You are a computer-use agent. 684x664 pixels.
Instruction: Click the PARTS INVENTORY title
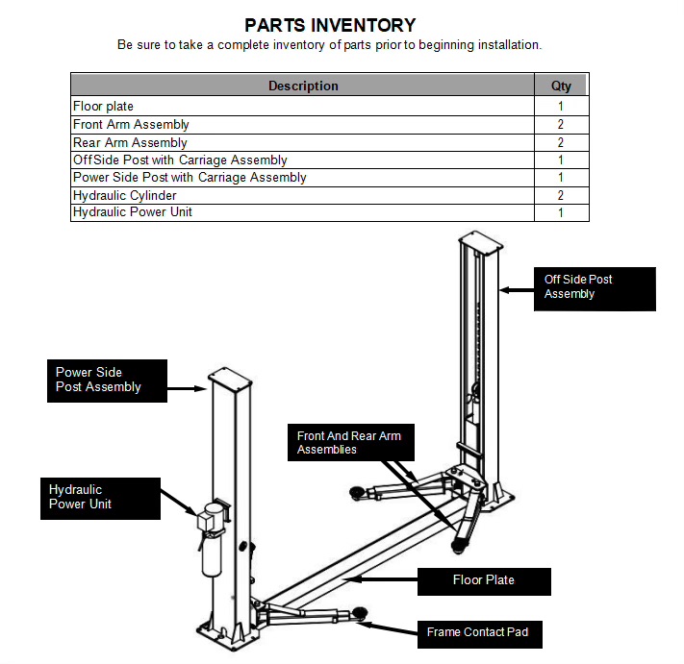pos(329,25)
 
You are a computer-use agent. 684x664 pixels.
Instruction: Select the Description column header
pos(303,86)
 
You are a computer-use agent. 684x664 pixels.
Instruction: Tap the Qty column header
pos(561,86)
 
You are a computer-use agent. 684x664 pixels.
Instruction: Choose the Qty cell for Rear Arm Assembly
pos(561,142)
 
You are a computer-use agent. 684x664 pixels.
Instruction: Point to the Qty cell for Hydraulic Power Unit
pos(561,212)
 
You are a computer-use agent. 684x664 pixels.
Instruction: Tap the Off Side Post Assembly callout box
pos(595,288)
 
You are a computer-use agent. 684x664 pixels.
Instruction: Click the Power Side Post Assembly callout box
pos(106,381)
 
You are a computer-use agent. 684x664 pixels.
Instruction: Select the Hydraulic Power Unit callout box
pos(100,498)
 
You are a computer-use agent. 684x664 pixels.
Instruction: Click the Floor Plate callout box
pos(484,580)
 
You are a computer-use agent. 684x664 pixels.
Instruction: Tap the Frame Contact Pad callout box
pos(477,632)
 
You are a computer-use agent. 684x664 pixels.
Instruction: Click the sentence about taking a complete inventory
pos(329,45)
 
